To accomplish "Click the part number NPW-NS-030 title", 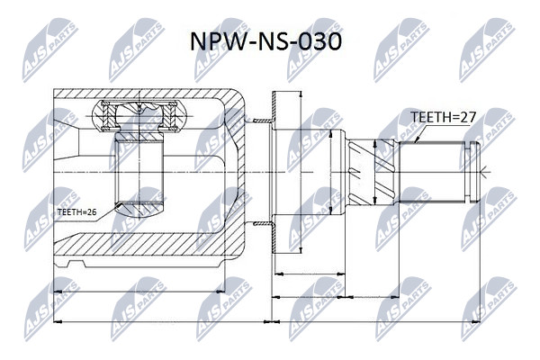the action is click(x=265, y=42).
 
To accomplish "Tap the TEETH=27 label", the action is click(x=443, y=117).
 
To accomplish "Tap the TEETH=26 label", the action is click(x=77, y=211).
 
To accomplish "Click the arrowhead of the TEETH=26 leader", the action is click(x=119, y=205).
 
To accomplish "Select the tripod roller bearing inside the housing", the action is click(x=139, y=116).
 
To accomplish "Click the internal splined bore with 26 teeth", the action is click(x=139, y=172).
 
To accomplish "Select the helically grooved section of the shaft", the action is click(x=371, y=172).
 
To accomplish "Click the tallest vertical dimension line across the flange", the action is click(x=301, y=172).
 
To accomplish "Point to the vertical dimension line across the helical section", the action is click(x=375, y=173).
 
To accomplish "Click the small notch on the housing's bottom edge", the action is click(x=76, y=264).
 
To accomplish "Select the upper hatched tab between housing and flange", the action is click(x=263, y=121).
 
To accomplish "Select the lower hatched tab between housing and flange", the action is click(x=263, y=224).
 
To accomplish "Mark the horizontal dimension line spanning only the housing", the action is click(x=139, y=292).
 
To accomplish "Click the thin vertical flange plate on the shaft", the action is click(x=274, y=172).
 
